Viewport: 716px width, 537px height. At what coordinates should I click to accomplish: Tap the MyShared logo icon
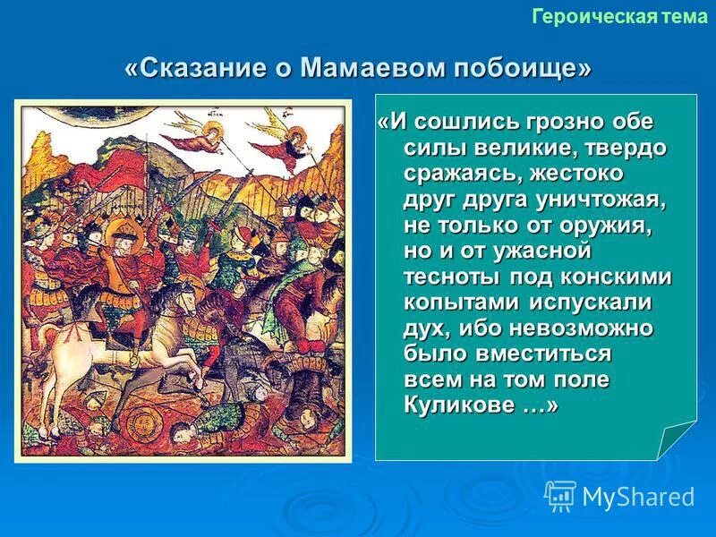coord(560,494)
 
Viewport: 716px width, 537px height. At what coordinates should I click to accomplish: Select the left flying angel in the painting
coord(199,139)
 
